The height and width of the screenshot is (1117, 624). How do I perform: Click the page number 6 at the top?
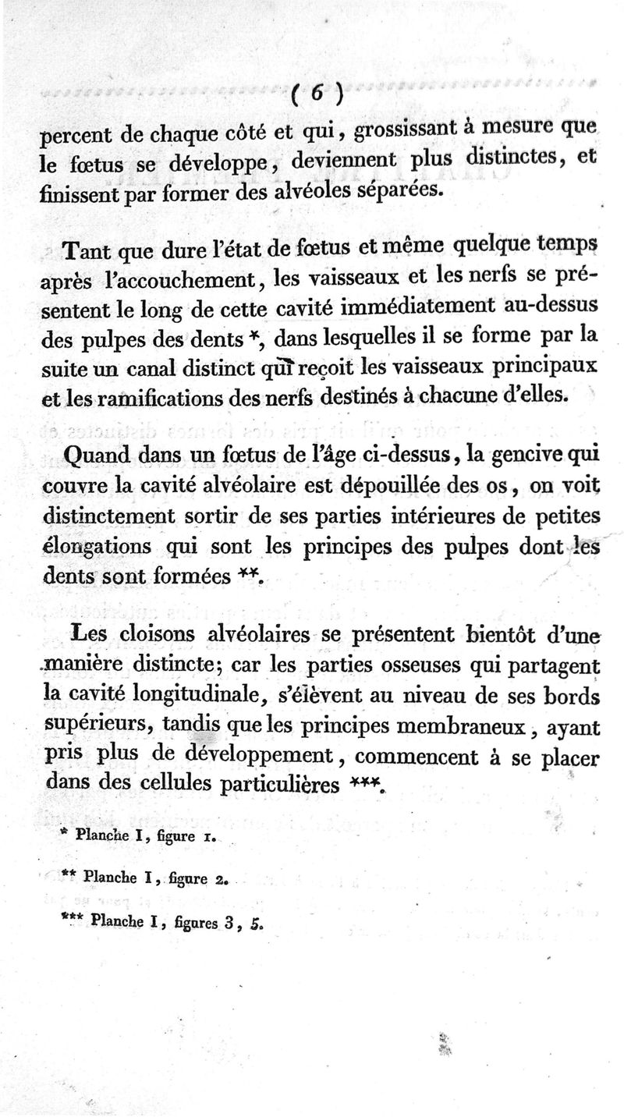click(317, 92)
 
